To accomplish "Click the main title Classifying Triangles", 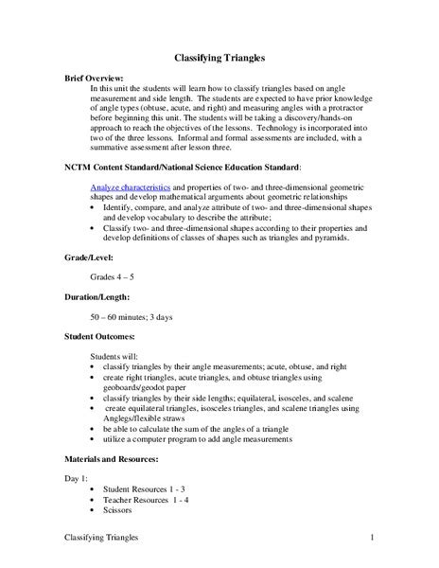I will coord(219,56).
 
